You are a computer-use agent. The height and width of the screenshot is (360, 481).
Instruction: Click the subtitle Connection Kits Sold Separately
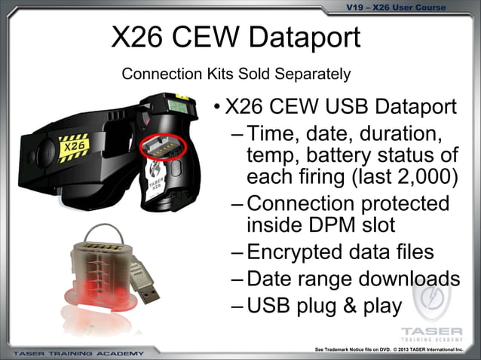click(236, 74)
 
